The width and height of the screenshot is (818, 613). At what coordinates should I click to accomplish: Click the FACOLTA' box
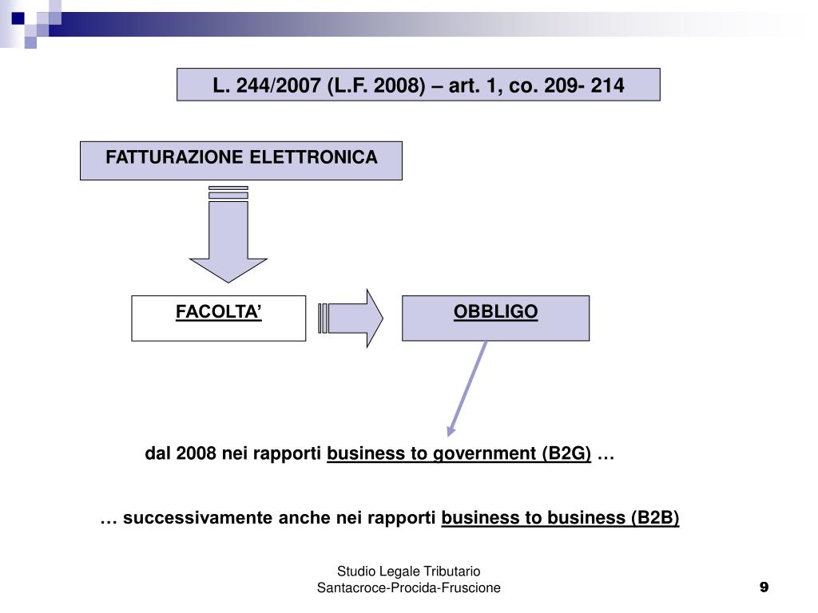pyautogui.click(x=218, y=318)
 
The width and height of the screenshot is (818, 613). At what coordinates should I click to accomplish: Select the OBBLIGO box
pyautogui.click(x=495, y=318)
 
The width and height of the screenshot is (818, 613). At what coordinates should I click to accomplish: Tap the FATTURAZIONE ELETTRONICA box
pyautogui.click(x=240, y=160)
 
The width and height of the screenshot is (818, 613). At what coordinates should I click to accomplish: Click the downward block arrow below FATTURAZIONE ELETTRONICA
pyautogui.click(x=228, y=239)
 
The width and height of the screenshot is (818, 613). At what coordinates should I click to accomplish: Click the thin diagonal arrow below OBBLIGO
pyautogui.click(x=467, y=388)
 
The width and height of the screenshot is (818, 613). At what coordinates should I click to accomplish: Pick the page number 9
pyautogui.click(x=764, y=587)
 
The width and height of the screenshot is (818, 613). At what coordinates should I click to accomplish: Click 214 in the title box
pyautogui.click(x=608, y=85)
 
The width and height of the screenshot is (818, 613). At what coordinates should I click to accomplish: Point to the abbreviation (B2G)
pyautogui.click(x=566, y=453)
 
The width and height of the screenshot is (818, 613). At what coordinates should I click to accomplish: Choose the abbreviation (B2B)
pyautogui.click(x=654, y=517)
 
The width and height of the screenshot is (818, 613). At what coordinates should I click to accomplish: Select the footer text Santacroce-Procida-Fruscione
pyautogui.click(x=408, y=587)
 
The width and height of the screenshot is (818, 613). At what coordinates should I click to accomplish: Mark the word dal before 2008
pyautogui.click(x=158, y=453)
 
